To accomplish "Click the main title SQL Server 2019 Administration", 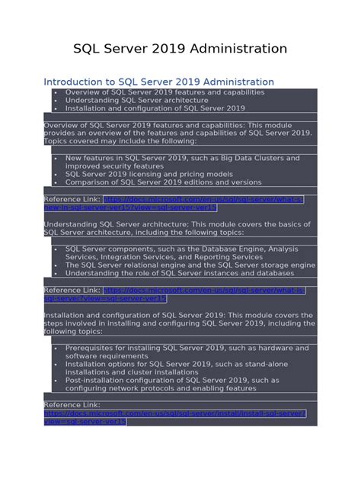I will click(x=180, y=49).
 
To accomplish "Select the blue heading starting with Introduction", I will click(x=158, y=82).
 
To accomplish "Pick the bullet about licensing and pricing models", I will click(x=149, y=174).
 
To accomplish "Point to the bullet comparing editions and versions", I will click(x=152, y=182).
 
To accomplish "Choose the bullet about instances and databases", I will click(x=179, y=273).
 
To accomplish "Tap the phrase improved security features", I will click(x=114, y=165).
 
